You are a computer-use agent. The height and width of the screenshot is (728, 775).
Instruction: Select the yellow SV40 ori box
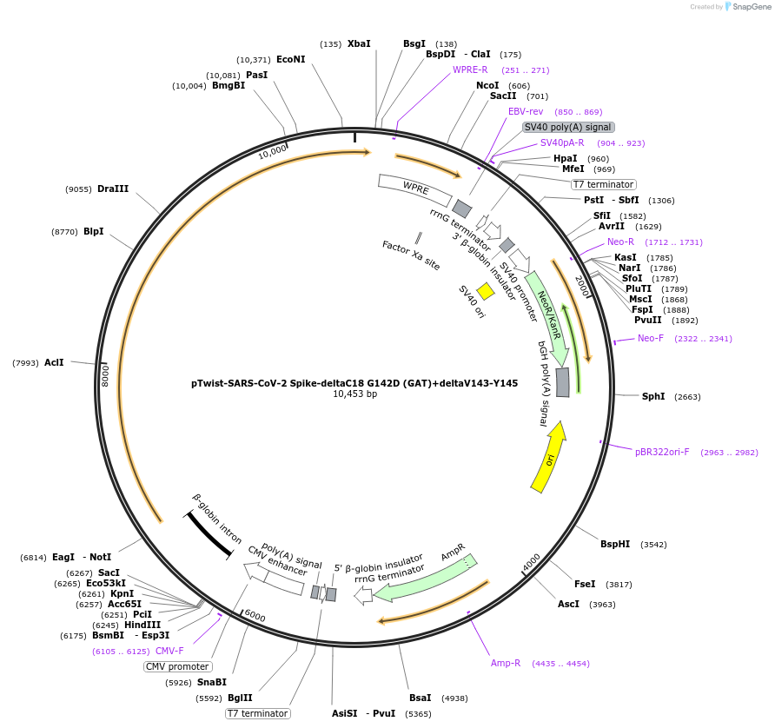[486, 292]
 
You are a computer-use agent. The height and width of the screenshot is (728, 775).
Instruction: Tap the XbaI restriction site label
[359, 43]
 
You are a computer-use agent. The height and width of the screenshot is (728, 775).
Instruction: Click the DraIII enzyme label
[113, 189]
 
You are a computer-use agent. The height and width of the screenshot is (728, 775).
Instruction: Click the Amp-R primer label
[506, 663]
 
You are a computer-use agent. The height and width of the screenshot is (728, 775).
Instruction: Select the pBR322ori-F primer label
[662, 452]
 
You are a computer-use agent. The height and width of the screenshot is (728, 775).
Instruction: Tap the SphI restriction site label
[653, 396]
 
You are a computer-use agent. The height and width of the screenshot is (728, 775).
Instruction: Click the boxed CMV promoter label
[177, 666]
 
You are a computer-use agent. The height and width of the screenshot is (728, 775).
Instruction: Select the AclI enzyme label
[54, 362]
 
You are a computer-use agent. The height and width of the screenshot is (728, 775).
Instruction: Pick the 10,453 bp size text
[354, 394]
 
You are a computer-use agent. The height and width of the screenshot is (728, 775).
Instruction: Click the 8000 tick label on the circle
[105, 375]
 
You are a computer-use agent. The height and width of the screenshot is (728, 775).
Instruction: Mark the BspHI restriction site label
[615, 545]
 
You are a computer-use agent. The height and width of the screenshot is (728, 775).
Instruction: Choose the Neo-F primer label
[651, 338]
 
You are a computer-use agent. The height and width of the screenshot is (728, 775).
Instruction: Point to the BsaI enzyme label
[421, 698]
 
